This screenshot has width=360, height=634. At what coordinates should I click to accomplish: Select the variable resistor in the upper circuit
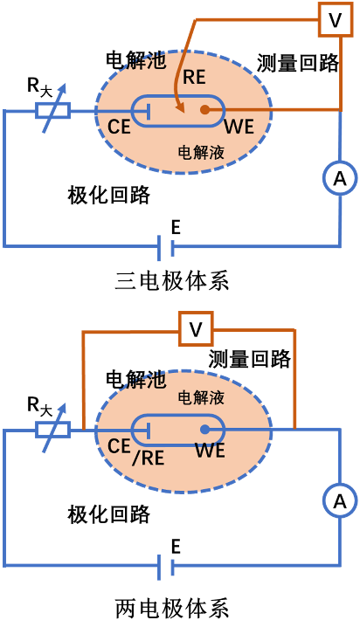pyautogui.click(x=52, y=111)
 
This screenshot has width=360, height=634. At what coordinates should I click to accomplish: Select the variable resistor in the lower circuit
pyautogui.click(x=52, y=430)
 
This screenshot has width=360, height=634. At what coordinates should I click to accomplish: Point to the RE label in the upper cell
pyautogui.click(x=194, y=77)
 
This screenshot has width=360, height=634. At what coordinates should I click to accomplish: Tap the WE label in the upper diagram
pyautogui.click(x=239, y=128)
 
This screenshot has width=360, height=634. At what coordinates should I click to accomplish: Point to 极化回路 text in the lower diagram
pyautogui.click(x=108, y=513)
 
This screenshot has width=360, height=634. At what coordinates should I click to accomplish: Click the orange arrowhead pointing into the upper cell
pyautogui.click(x=181, y=109)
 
